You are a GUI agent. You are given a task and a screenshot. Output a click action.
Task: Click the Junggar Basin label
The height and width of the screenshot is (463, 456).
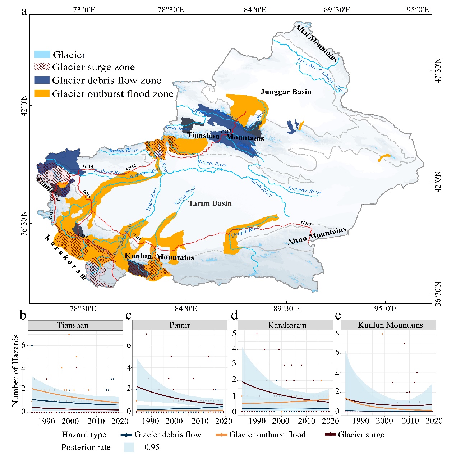[286, 92]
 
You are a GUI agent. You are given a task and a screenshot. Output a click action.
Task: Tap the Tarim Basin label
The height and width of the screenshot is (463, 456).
[210, 203]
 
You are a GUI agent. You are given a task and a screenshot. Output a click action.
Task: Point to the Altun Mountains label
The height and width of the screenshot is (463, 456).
[317, 235]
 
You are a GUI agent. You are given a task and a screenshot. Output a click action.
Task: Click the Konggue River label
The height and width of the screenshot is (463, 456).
[304, 190]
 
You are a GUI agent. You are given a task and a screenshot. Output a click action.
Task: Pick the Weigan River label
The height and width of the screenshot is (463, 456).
[212, 163]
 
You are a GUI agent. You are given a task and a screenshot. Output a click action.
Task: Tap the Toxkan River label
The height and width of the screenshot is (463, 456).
[124, 150]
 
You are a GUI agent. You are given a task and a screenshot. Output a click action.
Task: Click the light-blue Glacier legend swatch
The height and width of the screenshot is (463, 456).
[42, 55]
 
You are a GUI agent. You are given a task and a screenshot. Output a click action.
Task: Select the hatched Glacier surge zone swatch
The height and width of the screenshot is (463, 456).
[42, 67]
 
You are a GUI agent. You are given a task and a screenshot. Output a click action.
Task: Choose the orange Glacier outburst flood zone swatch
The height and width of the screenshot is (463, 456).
[42, 93]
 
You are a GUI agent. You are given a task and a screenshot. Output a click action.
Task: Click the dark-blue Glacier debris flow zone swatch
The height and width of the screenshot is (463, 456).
[42, 80]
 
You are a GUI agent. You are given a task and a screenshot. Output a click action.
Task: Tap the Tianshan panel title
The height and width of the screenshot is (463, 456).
[73, 325]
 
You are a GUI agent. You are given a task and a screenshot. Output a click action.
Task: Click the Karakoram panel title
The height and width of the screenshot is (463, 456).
[287, 326]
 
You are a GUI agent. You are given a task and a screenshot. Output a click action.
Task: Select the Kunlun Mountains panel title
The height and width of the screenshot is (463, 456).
[391, 325]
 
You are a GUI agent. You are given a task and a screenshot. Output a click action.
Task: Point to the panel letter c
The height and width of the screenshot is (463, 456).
[129, 315]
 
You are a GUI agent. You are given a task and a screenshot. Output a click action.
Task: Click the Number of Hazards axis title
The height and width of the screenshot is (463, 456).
[15, 370]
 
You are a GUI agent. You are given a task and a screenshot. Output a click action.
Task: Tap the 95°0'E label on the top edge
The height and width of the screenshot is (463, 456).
[418, 9]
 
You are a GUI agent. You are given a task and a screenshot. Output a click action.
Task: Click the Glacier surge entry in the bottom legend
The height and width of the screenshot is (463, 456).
[361, 435]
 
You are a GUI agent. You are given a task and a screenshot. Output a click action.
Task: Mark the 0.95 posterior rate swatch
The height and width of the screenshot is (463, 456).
[129, 447]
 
